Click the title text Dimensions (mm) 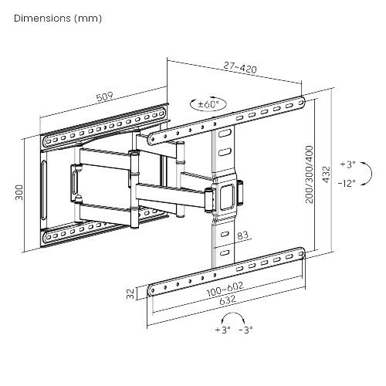(x=58, y=19)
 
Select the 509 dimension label (x=105, y=96)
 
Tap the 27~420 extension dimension (x=240, y=67)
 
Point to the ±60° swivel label (x=208, y=104)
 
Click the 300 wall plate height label (x=19, y=192)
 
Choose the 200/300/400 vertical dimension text (x=310, y=174)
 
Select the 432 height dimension (x=326, y=174)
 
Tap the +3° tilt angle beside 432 (x=348, y=164)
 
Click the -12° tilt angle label (x=347, y=183)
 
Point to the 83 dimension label (x=242, y=235)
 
